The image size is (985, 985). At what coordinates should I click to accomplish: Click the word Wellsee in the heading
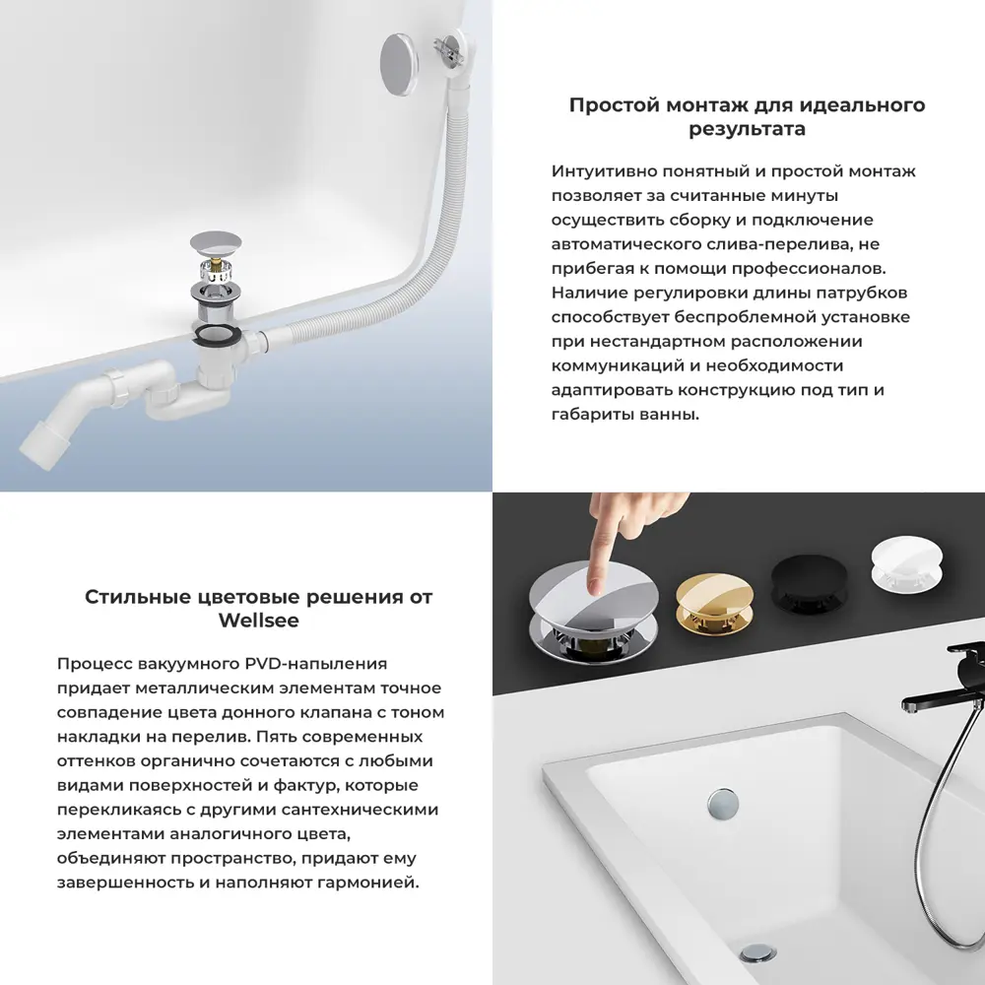point(258,622)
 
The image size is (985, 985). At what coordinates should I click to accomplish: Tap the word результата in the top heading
point(747,129)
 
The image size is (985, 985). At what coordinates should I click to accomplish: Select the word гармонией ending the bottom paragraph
point(373,882)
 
